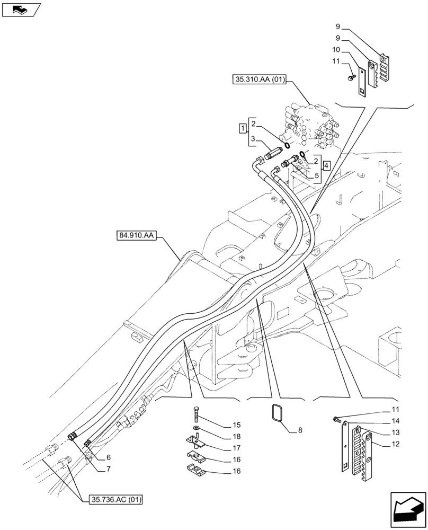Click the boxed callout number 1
point(242,128)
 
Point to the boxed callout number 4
point(327,165)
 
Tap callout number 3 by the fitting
point(254,139)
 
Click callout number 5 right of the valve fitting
point(316,175)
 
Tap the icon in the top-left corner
point(21,9)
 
